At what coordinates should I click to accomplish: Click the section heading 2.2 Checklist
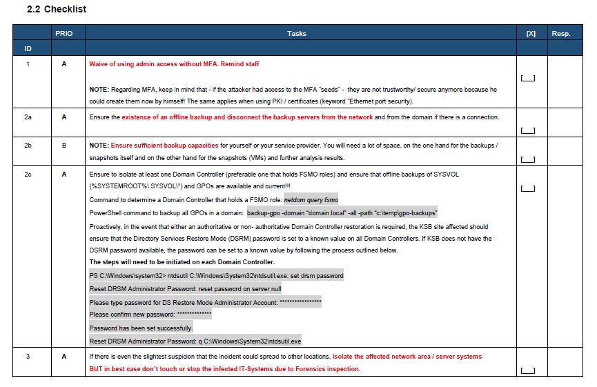click(56, 10)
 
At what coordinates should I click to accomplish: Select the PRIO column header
click(63, 33)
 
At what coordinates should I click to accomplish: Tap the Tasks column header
click(297, 33)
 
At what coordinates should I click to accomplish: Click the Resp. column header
click(560, 33)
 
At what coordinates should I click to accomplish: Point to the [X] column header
click(531, 33)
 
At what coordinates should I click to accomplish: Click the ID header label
click(28, 49)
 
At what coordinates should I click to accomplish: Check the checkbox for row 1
click(527, 78)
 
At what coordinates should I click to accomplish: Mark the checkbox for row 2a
click(527, 130)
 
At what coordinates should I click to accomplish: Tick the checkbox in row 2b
click(527, 159)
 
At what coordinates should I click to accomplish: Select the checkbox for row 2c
click(527, 188)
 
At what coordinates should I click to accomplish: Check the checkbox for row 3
click(527, 370)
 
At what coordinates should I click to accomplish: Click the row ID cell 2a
click(28, 117)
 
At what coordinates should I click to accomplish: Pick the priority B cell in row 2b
click(63, 146)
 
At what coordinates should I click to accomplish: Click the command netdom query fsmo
click(311, 200)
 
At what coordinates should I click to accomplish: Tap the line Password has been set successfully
click(141, 328)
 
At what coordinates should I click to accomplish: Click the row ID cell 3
click(28, 357)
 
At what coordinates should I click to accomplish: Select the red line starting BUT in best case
click(224, 369)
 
